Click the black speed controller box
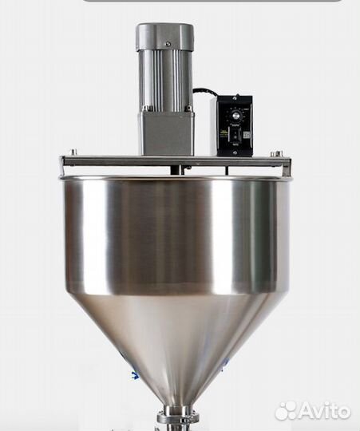point(235,125)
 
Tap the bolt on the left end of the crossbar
point(73,152)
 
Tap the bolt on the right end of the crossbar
point(276,153)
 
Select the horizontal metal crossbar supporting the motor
point(120,161)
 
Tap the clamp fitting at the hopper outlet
point(178,417)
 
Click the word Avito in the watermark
point(325,411)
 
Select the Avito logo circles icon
point(286,411)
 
